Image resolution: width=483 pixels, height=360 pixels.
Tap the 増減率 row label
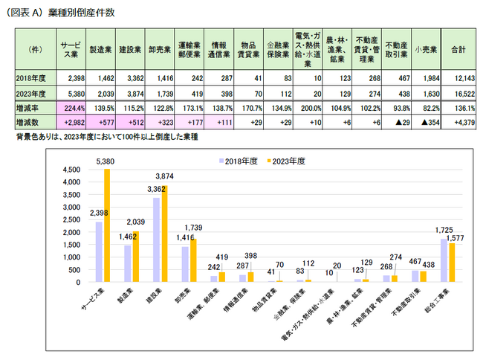click(29, 107)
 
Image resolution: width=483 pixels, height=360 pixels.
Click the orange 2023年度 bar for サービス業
click(106, 223)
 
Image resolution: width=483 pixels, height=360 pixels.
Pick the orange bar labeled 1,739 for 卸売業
click(193, 260)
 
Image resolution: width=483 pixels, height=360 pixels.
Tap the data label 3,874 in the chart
click(166, 176)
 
